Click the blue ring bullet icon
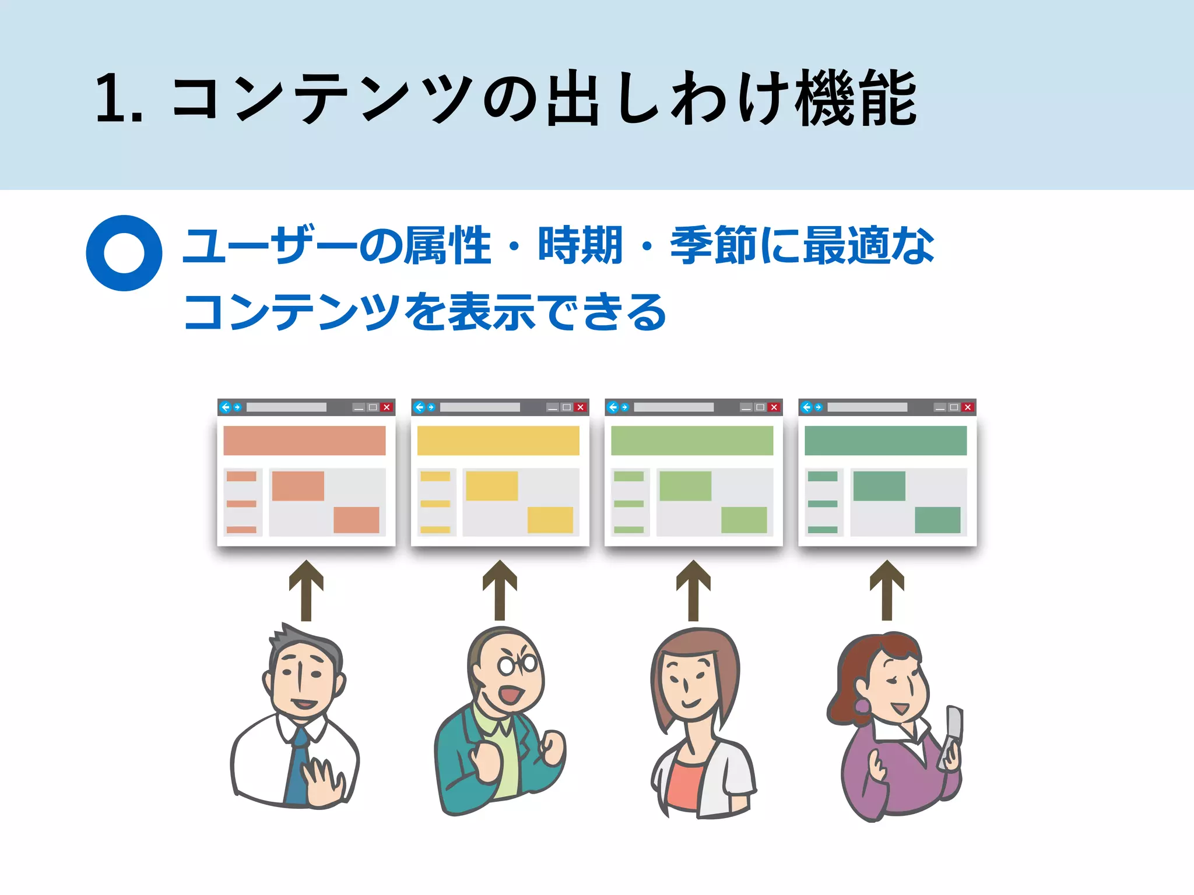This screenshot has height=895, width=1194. (x=124, y=253)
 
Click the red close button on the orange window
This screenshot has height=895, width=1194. (x=387, y=407)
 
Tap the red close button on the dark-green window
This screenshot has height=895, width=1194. (x=968, y=407)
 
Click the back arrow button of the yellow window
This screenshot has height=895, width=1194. (x=419, y=407)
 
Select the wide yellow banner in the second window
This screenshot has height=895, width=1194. (x=498, y=441)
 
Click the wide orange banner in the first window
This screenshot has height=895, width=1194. (x=304, y=441)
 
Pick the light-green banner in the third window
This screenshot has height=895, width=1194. (x=692, y=441)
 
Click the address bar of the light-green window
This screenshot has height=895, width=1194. (x=673, y=407)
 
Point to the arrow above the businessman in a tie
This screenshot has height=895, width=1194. (x=306, y=590)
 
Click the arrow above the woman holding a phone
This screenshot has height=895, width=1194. (x=887, y=590)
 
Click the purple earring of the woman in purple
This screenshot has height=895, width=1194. (x=862, y=706)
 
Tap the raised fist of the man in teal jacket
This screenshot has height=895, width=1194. (x=553, y=747)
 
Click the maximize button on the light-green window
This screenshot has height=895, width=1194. (x=760, y=407)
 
